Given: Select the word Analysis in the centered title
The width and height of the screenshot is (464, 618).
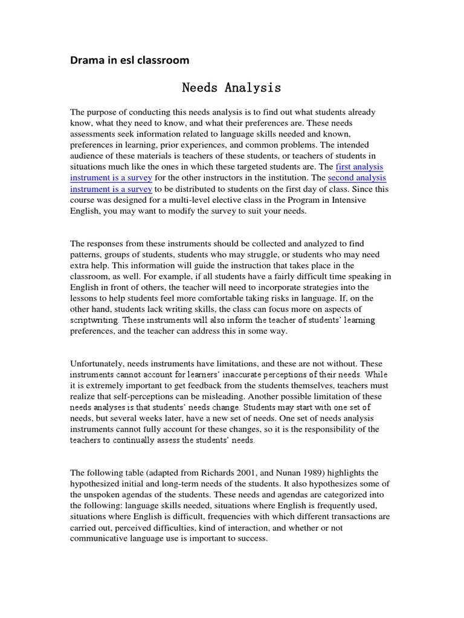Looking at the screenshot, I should tap(253, 88).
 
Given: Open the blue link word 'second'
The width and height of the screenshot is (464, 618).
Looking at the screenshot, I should tap(341, 177).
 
